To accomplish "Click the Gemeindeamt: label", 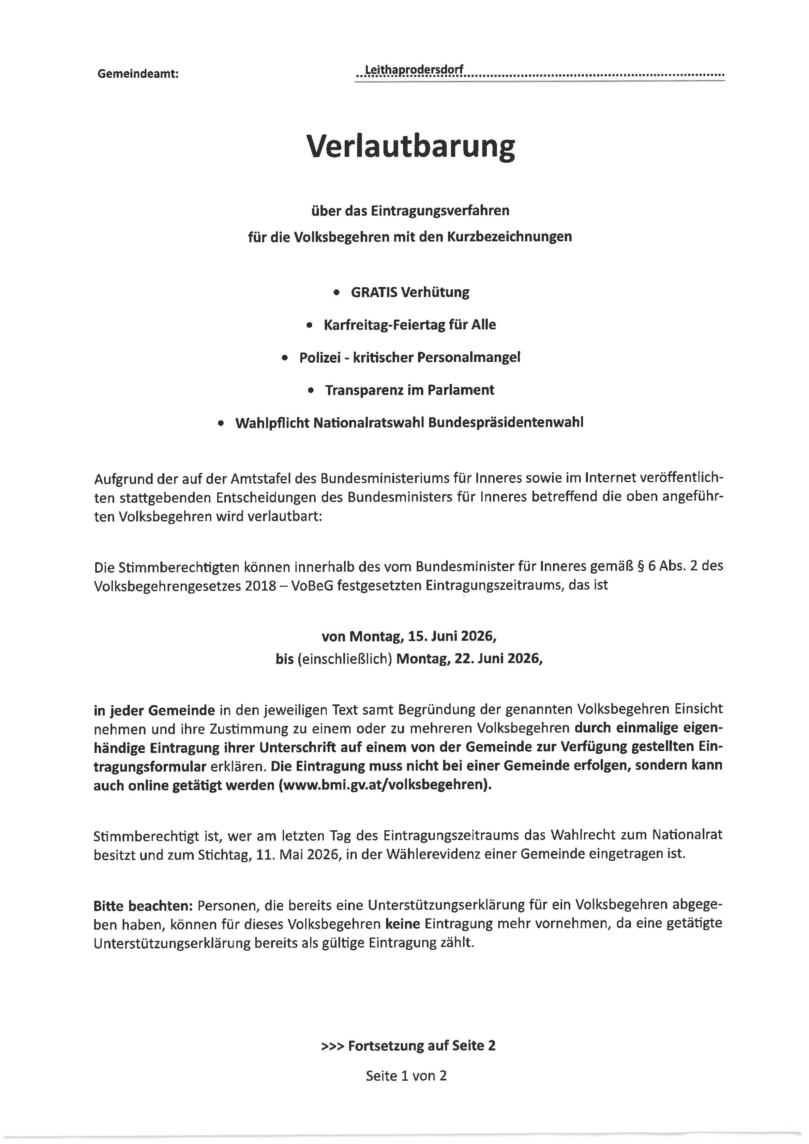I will pos(138,74).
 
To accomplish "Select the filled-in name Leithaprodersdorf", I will pos(414,71).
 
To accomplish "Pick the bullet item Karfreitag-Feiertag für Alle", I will pos(410,325).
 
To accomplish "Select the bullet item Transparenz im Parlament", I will pos(410,390).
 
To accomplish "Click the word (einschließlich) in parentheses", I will pos(345,659).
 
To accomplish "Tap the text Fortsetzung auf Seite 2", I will pos(421,1045).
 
